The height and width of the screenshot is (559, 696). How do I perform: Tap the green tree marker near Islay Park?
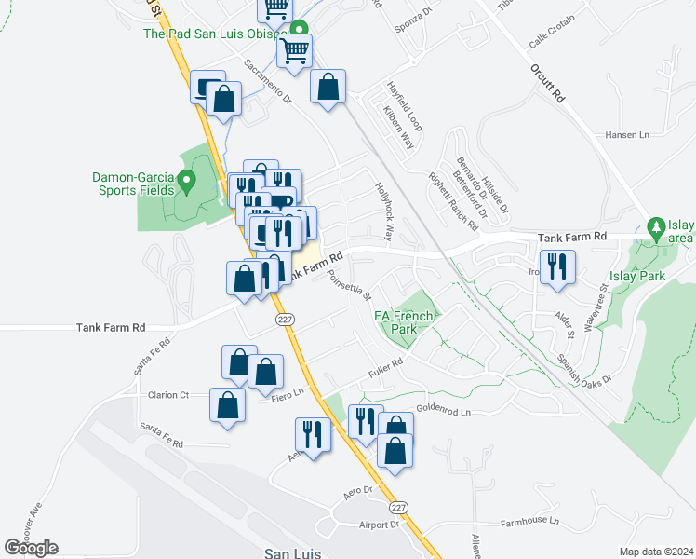656,227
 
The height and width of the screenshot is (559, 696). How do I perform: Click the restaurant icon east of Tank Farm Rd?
557,266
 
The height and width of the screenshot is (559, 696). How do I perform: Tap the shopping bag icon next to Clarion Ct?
228,405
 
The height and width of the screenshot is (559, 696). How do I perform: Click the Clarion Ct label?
168,395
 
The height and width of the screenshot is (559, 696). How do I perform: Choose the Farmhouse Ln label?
529,522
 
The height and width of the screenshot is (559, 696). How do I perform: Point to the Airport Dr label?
380,525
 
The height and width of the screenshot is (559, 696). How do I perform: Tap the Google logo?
31,548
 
